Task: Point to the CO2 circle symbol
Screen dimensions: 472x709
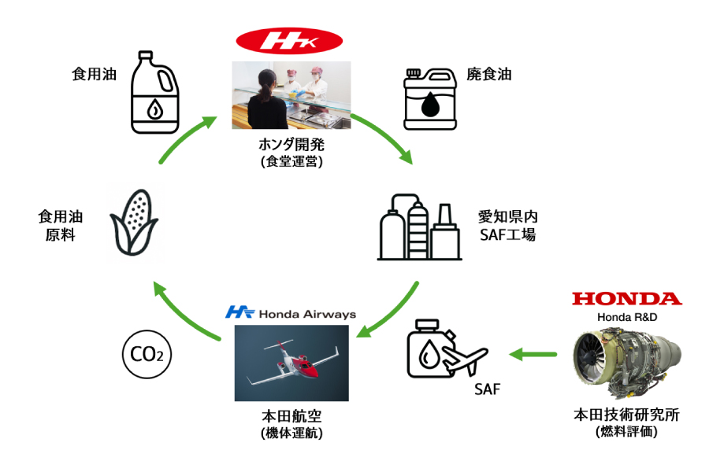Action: pyautogui.click(x=147, y=356)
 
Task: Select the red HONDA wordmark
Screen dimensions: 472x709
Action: pyautogui.click(x=626, y=298)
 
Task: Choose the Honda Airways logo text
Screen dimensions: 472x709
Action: pyautogui.click(x=290, y=312)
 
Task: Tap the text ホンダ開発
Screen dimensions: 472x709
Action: pyautogui.click(x=291, y=145)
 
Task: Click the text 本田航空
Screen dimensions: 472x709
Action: pyautogui.click(x=291, y=416)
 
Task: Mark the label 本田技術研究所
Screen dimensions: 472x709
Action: pyautogui.click(x=626, y=415)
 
